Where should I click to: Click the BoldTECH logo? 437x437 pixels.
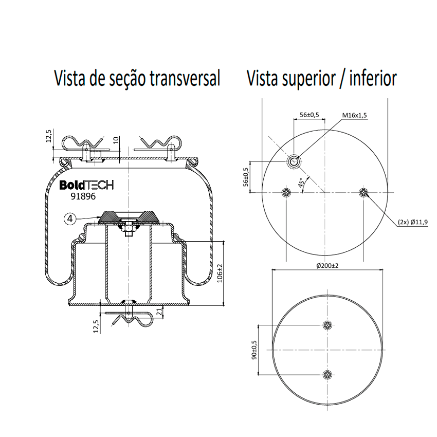pos(86,185)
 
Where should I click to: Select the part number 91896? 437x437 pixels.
pos(83,196)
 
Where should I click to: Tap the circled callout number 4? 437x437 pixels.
pos(70,219)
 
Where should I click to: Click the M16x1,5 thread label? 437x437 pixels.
pos(355,115)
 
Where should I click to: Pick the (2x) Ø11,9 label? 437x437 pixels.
pos(413,222)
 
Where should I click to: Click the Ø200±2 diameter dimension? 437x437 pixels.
pos(327,266)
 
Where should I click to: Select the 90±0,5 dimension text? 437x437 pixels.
pos(254,350)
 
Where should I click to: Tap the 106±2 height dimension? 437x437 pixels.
pos(220,274)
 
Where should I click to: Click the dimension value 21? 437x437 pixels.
pos(159,312)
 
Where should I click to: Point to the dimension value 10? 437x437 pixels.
pos(116,140)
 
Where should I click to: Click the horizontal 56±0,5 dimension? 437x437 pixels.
pos(309,115)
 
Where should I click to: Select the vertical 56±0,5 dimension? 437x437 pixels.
pos(246,177)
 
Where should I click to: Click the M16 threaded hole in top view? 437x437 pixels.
pos(294,161)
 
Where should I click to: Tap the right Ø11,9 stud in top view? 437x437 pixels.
pos(363,192)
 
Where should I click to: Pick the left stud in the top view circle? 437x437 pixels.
pos(286,192)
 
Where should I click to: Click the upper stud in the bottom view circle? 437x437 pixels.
pos(327,325)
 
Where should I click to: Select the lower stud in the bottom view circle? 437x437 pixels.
pos(327,375)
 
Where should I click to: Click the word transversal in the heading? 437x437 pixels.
pos(185,78)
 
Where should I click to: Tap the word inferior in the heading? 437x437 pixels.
pos(373,78)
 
